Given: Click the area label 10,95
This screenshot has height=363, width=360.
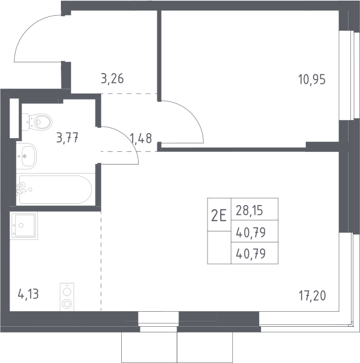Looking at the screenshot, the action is point(312,80).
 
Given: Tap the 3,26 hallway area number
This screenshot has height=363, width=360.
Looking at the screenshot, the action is point(112,78).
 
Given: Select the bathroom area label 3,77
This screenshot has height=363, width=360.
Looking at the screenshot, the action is point(68,137).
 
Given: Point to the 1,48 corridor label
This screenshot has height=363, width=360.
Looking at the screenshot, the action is point(141,138).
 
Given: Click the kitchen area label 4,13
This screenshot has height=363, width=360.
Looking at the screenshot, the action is point(28,295).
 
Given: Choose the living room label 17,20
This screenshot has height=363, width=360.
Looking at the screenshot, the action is point(312,296).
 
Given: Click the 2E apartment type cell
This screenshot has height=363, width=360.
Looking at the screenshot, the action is point(219,215).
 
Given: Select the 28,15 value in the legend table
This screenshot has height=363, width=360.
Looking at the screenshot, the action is point(249,210).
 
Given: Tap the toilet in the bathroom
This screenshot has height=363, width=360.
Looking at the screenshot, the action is point(37,122).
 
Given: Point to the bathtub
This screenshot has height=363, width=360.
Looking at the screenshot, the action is point(55,189).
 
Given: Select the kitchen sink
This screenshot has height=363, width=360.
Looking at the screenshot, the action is point(24,226).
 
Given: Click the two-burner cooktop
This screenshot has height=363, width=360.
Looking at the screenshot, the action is point(67,297).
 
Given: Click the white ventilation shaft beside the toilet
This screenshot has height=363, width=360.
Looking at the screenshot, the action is point(14,118).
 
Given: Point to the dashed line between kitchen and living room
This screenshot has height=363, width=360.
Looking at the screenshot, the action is point(101,261).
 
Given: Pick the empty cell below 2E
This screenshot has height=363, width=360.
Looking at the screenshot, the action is point(219,247).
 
